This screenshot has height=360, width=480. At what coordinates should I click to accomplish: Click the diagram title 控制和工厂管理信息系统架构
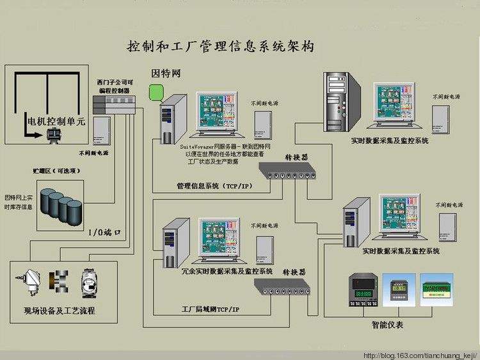(221, 47)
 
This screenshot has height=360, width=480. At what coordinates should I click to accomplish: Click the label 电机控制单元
(54, 120)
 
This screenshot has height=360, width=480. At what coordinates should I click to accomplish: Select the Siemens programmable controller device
(114, 104)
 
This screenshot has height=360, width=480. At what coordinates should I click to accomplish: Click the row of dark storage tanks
(61, 206)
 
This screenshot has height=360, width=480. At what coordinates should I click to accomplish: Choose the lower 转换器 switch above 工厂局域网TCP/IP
(286, 289)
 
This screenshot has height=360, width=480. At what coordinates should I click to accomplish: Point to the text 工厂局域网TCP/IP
(210, 309)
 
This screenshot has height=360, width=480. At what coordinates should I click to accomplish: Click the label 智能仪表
(387, 325)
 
